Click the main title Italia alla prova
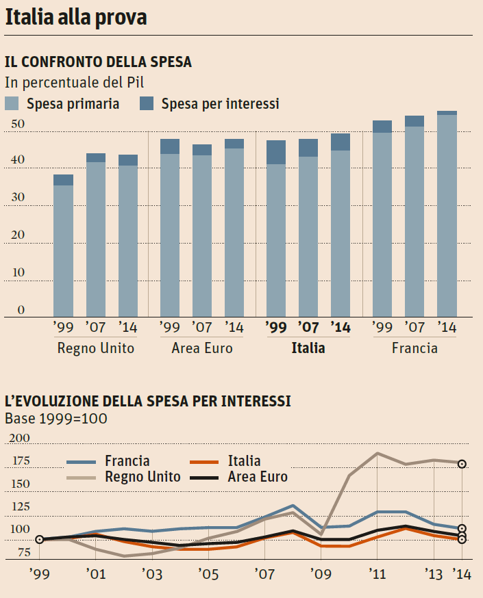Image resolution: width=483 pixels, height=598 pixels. (x=76, y=18)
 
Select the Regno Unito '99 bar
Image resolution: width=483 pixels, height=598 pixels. (x=63, y=246)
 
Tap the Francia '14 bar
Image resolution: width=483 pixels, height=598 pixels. (x=447, y=213)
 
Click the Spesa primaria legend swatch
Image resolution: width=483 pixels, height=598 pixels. (x=13, y=104)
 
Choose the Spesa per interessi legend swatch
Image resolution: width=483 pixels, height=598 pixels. (x=147, y=104)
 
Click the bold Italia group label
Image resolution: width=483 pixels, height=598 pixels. (x=308, y=348)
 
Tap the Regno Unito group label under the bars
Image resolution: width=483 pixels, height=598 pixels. (x=96, y=348)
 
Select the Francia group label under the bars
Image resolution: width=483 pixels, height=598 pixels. (x=414, y=348)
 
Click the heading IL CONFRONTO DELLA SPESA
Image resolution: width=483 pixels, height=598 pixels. (x=98, y=62)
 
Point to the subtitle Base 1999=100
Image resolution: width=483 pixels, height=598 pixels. (x=55, y=418)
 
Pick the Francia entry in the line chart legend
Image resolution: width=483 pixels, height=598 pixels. (x=127, y=461)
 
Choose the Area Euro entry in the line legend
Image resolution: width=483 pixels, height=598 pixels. (x=258, y=477)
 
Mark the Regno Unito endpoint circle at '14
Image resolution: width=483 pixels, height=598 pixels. (x=462, y=464)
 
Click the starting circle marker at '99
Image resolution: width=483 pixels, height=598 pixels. (x=39, y=539)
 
